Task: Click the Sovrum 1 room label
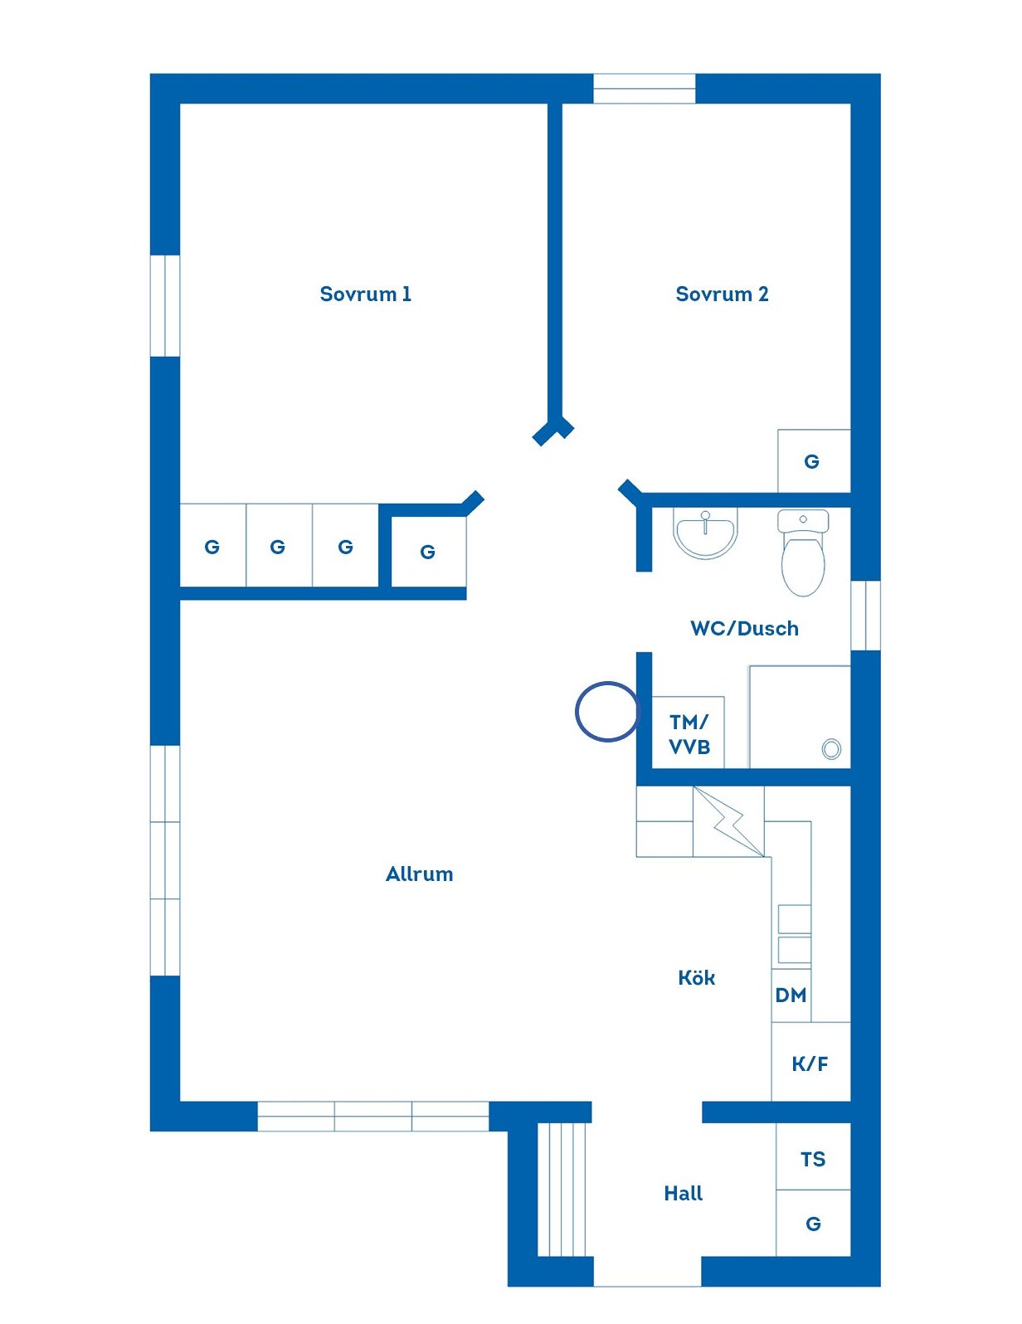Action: pyautogui.click(x=366, y=294)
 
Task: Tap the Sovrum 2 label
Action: pyautogui.click(x=722, y=294)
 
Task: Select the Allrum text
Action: pyautogui.click(x=419, y=874)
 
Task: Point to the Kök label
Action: pyautogui.click(x=696, y=977)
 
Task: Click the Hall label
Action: pyautogui.click(x=683, y=1193)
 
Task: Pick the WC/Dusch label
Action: pyautogui.click(x=744, y=628)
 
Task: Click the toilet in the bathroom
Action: pyautogui.click(x=803, y=552)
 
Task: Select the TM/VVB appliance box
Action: pyautogui.click(x=689, y=733)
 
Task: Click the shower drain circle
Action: pyautogui.click(x=831, y=749)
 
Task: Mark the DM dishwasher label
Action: pyautogui.click(x=791, y=995)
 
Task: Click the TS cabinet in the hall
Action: pyautogui.click(x=813, y=1156)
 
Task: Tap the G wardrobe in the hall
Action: pyautogui.click(x=813, y=1223)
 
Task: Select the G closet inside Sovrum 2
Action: pyautogui.click(x=814, y=460)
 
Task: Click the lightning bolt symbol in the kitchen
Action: pyautogui.click(x=728, y=822)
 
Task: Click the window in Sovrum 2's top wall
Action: pyautogui.click(x=645, y=89)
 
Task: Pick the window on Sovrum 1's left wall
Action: pyautogui.click(x=165, y=305)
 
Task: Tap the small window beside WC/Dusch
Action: pyautogui.click(x=865, y=616)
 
